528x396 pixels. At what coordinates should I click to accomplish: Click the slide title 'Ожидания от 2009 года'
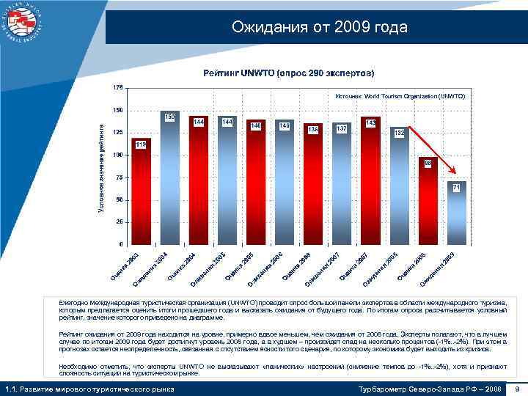point(318,28)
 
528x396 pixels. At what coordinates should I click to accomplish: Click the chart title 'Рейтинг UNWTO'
point(288,73)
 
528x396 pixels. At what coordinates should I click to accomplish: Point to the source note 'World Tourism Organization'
point(400,96)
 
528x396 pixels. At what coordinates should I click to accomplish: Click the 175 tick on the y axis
point(118,87)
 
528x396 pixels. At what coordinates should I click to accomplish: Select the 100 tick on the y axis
point(118,155)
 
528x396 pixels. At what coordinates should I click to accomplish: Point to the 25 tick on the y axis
point(119,221)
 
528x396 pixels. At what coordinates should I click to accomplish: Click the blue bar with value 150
point(169,180)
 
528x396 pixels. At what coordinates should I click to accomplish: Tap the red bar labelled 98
point(428,202)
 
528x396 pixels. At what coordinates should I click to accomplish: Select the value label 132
point(399,133)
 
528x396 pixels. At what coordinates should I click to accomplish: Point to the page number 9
point(518,389)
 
